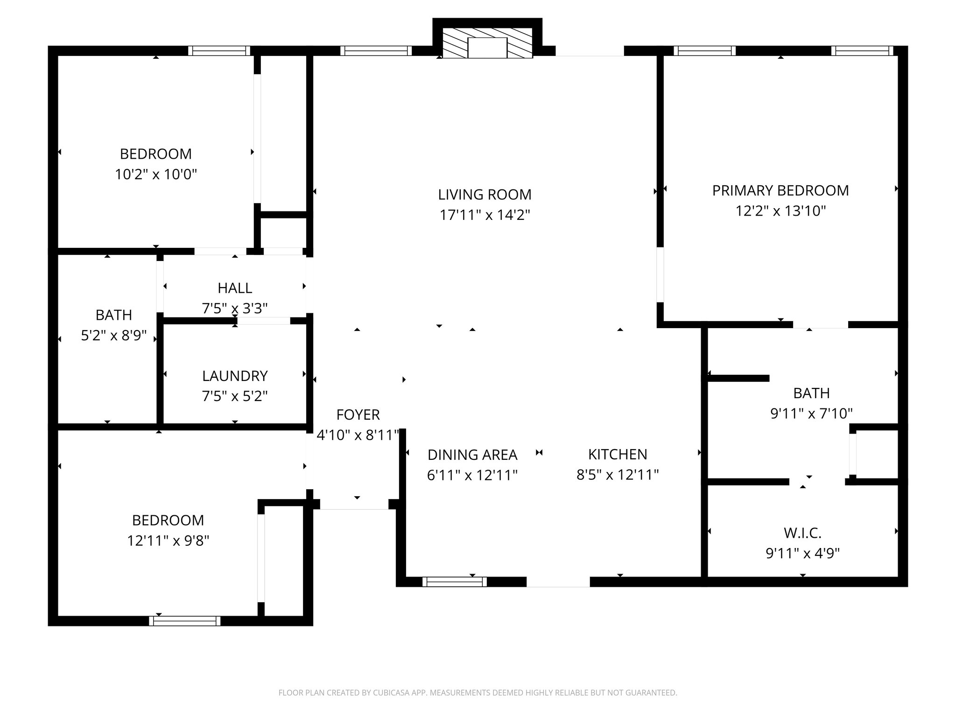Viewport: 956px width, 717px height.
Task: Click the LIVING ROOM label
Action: click(x=485, y=195)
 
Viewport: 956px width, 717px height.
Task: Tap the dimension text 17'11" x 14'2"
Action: click(x=485, y=215)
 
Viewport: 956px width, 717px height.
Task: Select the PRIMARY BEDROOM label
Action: click(x=780, y=190)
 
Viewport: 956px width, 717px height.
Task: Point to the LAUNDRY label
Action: click(x=235, y=376)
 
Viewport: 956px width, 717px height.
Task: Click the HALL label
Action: click(x=235, y=288)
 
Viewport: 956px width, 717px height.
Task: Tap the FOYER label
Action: click(x=358, y=415)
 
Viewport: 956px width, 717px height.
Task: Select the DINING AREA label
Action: click(x=472, y=455)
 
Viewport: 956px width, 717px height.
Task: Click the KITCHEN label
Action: click(x=618, y=454)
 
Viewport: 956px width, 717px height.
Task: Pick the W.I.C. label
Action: click(x=802, y=533)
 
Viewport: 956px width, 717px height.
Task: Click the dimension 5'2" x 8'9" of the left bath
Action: click(x=114, y=336)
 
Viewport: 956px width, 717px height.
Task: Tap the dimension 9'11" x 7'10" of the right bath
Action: click(x=811, y=414)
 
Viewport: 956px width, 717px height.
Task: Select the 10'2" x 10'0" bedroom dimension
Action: click(x=156, y=175)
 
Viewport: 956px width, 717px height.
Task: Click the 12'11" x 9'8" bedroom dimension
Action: click(x=168, y=541)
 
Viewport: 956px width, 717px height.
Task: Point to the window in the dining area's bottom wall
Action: click(x=454, y=582)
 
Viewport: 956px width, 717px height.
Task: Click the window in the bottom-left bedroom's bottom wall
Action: click(x=184, y=621)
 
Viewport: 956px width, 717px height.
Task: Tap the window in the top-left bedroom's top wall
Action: click(x=219, y=50)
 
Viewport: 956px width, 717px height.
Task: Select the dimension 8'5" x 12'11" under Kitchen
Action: click(x=618, y=475)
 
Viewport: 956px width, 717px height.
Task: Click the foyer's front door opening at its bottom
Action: click(x=354, y=505)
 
